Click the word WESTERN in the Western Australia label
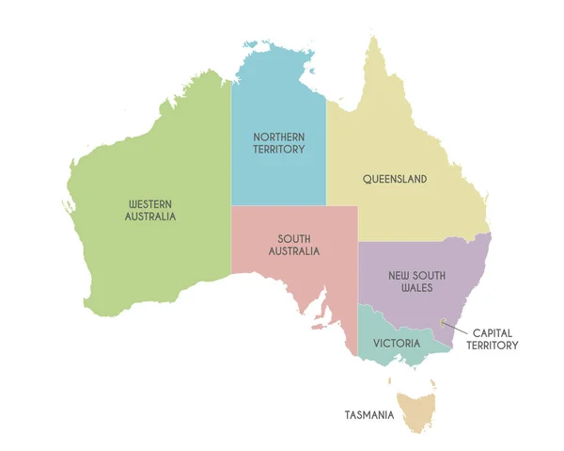point(151,203)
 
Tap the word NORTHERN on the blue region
point(278,137)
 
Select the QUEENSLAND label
point(395,179)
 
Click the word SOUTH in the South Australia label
point(293,239)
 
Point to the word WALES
point(417,288)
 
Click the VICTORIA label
point(396,344)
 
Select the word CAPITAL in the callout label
point(493,332)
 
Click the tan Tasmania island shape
point(415,412)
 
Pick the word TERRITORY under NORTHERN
point(278,150)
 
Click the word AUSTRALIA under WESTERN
point(150,217)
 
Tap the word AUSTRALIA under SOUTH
point(293,251)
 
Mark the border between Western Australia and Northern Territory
point(231,141)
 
